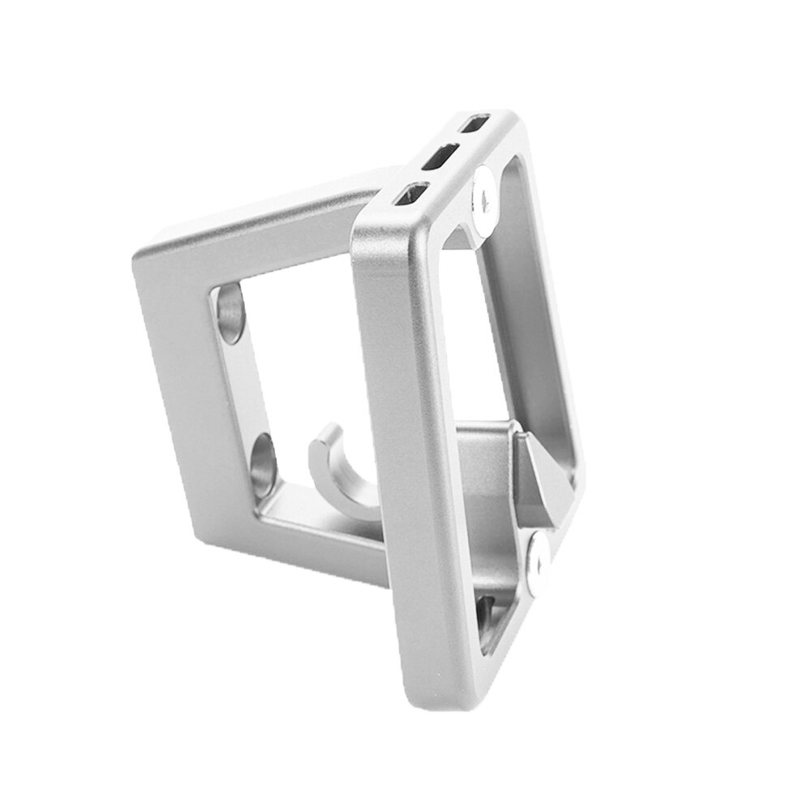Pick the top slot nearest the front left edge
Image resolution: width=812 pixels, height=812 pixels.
[410, 194]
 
